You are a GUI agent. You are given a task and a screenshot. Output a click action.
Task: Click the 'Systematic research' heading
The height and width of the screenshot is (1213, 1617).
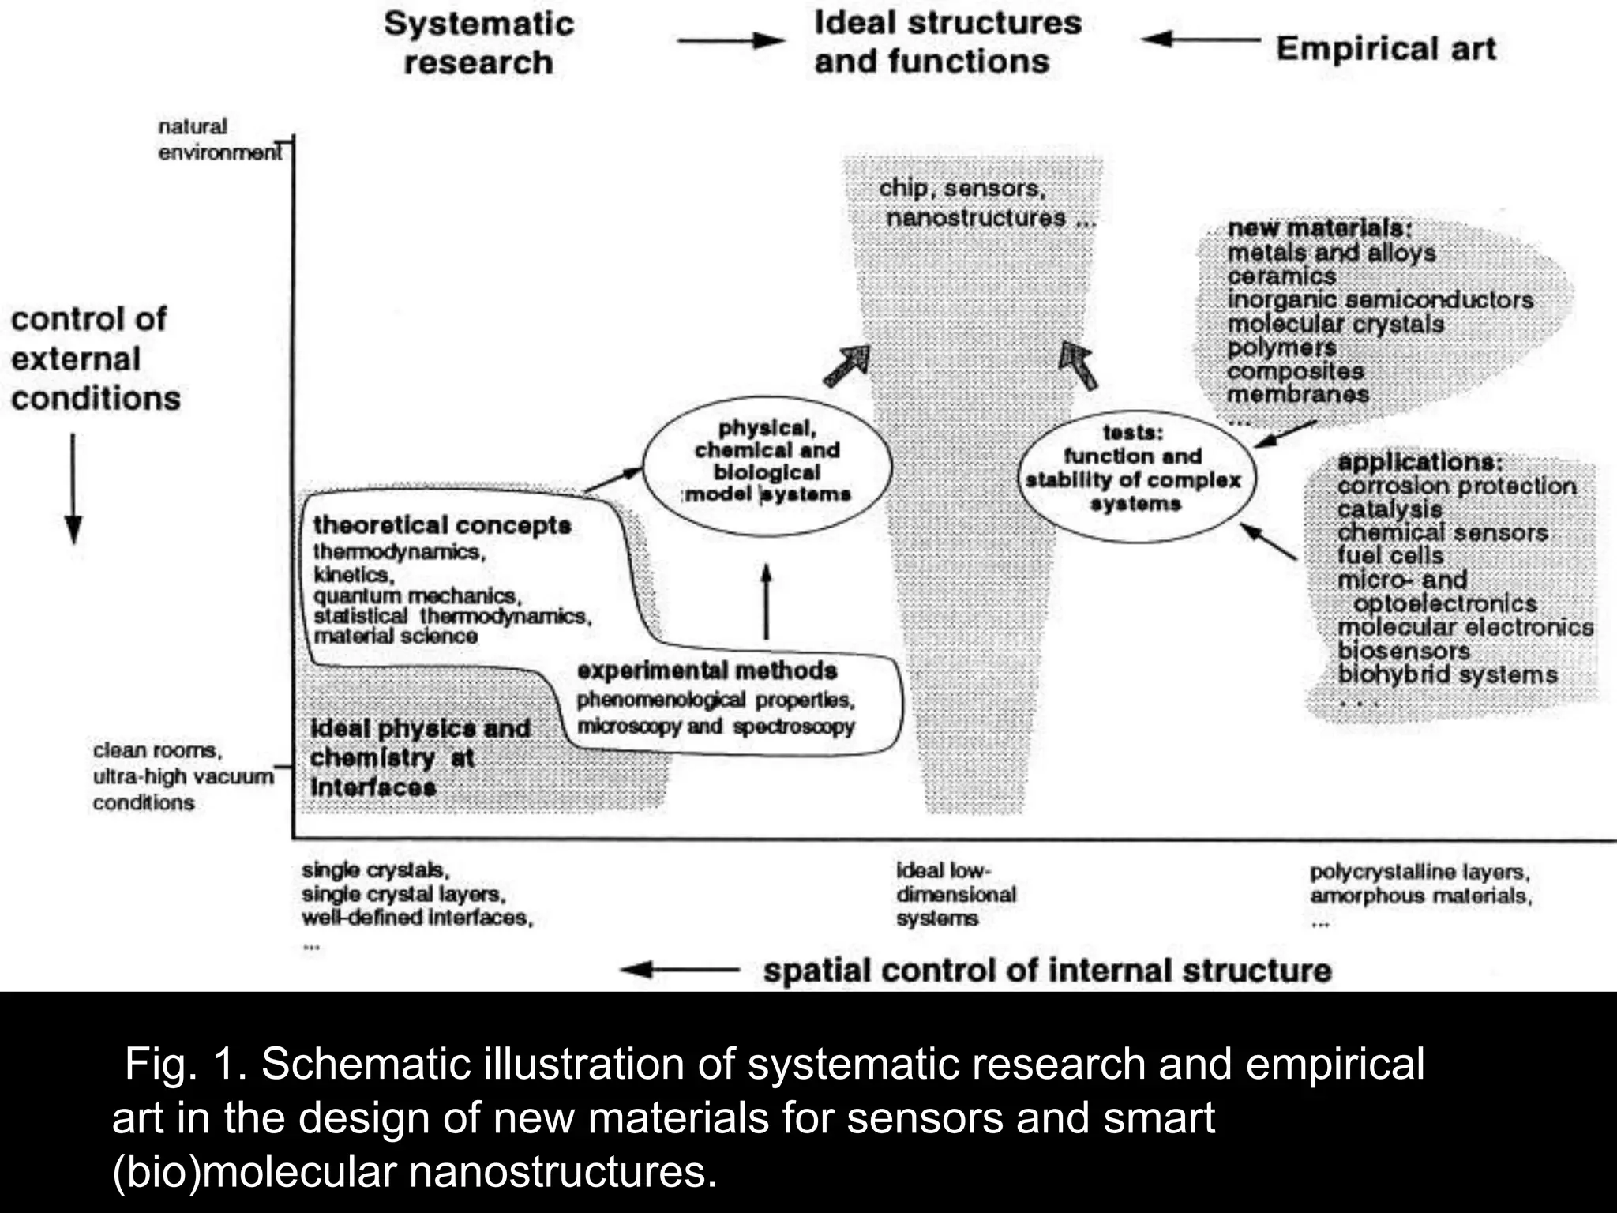click(x=478, y=43)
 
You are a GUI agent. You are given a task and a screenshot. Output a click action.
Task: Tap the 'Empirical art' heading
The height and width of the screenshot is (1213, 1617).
click(x=1386, y=49)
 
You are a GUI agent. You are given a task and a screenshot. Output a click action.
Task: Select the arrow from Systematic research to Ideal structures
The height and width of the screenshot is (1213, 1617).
click(x=730, y=40)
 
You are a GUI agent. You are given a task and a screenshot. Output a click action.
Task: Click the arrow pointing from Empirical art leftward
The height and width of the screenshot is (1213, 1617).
click(x=1200, y=39)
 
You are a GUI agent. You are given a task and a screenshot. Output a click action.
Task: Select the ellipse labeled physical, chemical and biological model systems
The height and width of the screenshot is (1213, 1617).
click(x=767, y=465)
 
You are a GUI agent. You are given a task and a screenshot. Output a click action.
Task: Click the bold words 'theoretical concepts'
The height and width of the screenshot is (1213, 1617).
click(x=441, y=525)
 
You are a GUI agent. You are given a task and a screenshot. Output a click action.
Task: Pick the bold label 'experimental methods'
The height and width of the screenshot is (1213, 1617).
click(x=707, y=670)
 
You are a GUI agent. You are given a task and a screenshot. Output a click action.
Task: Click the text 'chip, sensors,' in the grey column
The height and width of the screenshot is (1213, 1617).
click(x=962, y=189)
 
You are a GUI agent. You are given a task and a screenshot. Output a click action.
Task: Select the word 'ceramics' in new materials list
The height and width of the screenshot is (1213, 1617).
click(x=1281, y=276)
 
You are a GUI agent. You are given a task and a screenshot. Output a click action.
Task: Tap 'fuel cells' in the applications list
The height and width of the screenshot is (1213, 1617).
click(x=1390, y=556)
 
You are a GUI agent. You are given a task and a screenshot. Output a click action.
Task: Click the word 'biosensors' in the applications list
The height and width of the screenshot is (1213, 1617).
click(x=1403, y=651)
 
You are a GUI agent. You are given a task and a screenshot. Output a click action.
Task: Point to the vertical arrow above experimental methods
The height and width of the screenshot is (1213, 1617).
click(x=765, y=601)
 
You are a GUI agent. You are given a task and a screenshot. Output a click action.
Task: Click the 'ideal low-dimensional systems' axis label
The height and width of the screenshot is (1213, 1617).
click(x=955, y=894)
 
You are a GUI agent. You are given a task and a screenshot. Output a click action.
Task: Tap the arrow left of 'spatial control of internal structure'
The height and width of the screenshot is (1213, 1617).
click(x=679, y=970)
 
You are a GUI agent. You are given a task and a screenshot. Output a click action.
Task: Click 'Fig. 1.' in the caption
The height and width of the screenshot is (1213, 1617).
click(x=186, y=1065)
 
